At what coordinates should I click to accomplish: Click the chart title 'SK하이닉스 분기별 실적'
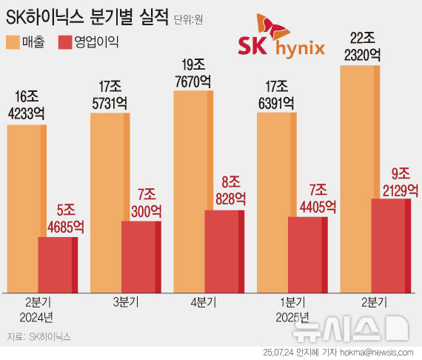coord(87,16)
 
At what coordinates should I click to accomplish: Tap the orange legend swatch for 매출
coord(14,41)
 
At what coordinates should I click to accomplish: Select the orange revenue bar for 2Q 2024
coord(26,207)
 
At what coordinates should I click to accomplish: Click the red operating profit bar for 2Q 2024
coord(58,264)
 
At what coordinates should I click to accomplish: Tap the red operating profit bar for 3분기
coord(141,256)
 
